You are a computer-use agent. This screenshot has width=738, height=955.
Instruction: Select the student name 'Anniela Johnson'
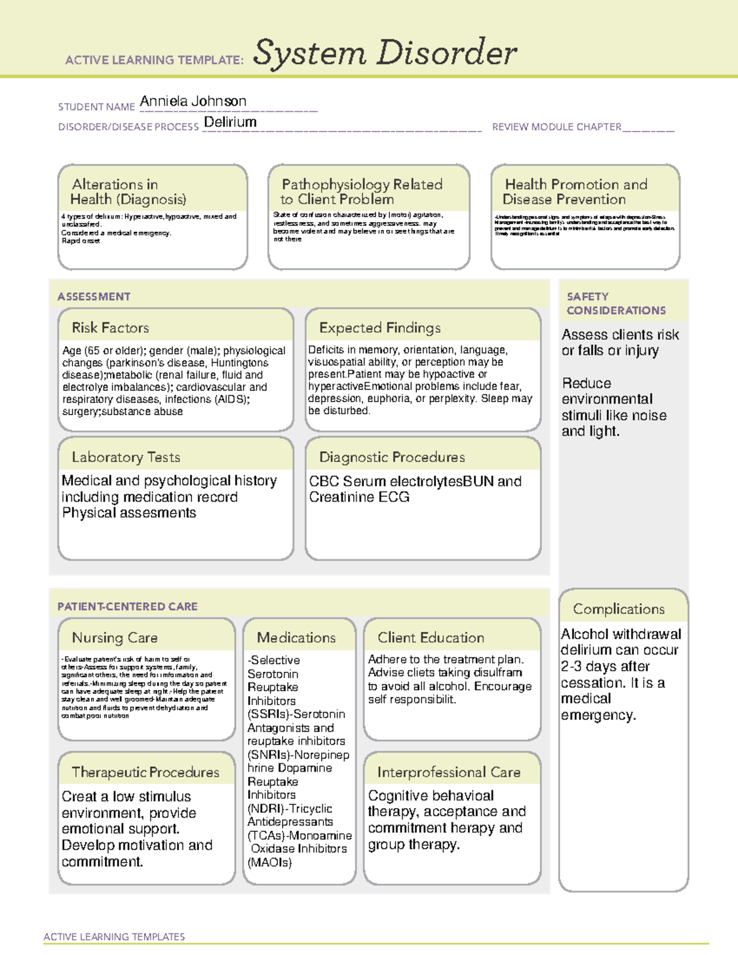(192, 101)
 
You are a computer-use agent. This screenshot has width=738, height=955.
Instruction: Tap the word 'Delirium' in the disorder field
(230, 122)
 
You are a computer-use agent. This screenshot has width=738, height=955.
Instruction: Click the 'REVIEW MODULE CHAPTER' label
(557, 127)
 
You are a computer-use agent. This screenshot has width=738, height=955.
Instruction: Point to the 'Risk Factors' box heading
(110, 328)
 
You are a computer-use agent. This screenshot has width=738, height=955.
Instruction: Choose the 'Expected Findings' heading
(379, 328)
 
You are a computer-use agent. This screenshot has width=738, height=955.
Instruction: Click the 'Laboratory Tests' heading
(125, 458)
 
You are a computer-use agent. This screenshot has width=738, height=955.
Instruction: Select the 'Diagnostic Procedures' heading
(392, 458)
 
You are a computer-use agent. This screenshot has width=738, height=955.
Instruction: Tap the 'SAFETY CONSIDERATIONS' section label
(616, 304)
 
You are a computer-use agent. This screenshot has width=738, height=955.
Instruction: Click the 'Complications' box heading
(619, 609)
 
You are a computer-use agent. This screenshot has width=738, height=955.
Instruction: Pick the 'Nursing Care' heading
(114, 638)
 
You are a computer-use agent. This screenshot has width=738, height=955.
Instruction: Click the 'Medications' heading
(296, 638)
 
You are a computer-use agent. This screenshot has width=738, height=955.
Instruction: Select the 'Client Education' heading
(430, 638)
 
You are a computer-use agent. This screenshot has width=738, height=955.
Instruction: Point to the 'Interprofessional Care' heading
(448, 772)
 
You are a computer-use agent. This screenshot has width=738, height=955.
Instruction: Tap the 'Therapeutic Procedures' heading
(145, 772)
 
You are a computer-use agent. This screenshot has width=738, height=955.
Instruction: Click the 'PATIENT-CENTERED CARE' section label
(127, 607)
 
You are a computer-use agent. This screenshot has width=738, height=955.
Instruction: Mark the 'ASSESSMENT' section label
(93, 297)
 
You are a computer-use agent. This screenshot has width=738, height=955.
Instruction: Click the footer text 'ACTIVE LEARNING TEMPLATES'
(114, 937)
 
